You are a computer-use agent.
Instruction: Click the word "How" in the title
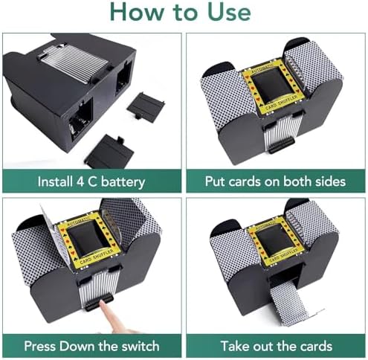pyautogui.click(x=136, y=12)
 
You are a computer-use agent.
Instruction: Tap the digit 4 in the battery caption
pyautogui.click(x=80, y=181)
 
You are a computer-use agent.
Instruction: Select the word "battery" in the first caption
pyautogui.click(x=123, y=182)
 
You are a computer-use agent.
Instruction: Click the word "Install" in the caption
pyautogui.click(x=55, y=181)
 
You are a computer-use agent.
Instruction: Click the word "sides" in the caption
pyautogui.click(x=330, y=181)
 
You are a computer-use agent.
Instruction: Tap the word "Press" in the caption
pyautogui.click(x=40, y=346)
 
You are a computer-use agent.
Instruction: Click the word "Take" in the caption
pyautogui.click(x=233, y=346)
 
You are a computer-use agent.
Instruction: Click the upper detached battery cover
pyautogui.click(x=146, y=107)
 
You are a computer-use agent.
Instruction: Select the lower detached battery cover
pyautogui.click(x=109, y=152)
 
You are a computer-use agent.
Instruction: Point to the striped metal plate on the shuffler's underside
pyautogui.click(x=73, y=62)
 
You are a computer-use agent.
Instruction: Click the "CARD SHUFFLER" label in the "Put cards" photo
pyautogui.click(x=280, y=103)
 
